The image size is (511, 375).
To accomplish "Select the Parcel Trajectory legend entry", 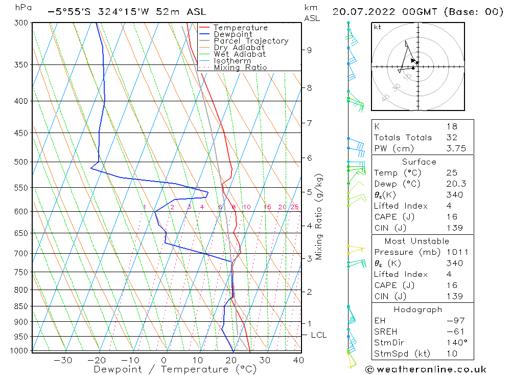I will click(x=251, y=41).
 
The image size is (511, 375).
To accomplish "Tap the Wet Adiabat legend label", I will click(x=239, y=54).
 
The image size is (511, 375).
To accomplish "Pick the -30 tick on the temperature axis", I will click(x=63, y=360).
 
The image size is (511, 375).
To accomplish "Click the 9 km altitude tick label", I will click(x=309, y=50).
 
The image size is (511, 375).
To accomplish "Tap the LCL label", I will click(x=318, y=335).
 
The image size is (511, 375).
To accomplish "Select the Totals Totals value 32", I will click(x=451, y=137).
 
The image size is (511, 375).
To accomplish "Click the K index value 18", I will click(x=451, y=126).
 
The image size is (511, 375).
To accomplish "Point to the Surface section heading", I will click(x=419, y=162).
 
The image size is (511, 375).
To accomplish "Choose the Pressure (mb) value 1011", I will click(x=454, y=252).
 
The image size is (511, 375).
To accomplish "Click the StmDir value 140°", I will click(x=455, y=343).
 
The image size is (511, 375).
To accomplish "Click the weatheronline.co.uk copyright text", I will click(x=426, y=369).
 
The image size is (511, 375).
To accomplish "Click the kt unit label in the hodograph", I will click(x=377, y=27).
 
